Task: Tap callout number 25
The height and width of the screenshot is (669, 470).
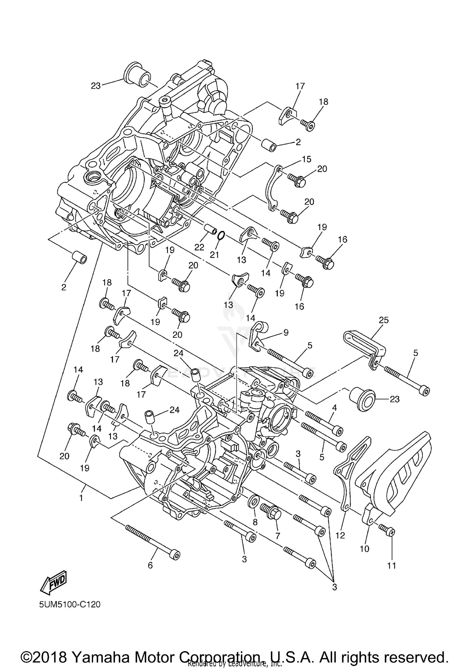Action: pyautogui.click(x=384, y=320)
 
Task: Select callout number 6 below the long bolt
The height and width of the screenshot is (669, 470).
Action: pyautogui.click(x=150, y=565)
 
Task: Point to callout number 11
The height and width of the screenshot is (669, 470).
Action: pyautogui.click(x=392, y=565)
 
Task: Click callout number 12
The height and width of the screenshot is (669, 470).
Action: pyautogui.click(x=340, y=536)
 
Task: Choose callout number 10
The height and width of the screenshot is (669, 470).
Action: pyautogui.click(x=364, y=549)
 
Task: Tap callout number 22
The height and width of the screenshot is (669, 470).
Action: pyautogui.click(x=199, y=247)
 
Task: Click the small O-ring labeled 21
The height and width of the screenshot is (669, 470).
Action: pyautogui.click(x=221, y=235)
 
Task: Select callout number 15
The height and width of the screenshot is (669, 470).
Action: pyautogui.click(x=306, y=159)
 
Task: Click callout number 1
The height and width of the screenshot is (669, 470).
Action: pyautogui.click(x=81, y=498)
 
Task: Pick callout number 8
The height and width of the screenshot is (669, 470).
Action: pyautogui.click(x=255, y=522)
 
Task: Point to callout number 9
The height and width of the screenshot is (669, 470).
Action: pyautogui.click(x=286, y=332)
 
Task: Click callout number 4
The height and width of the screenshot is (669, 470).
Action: pyautogui.click(x=335, y=408)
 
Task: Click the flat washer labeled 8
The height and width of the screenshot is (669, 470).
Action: pyautogui.click(x=253, y=501)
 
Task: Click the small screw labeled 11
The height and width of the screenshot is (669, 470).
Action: pyautogui.click(x=387, y=530)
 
